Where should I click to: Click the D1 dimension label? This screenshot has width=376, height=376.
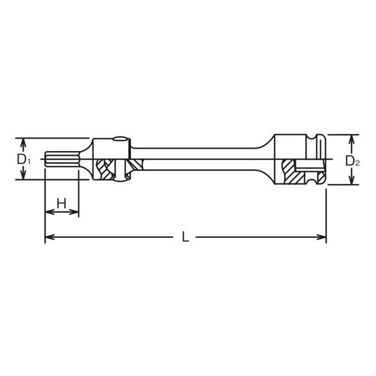click(23, 159)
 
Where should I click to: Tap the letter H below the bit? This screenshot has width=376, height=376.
click(61, 203)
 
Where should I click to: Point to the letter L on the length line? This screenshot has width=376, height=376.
click(186, 237)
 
